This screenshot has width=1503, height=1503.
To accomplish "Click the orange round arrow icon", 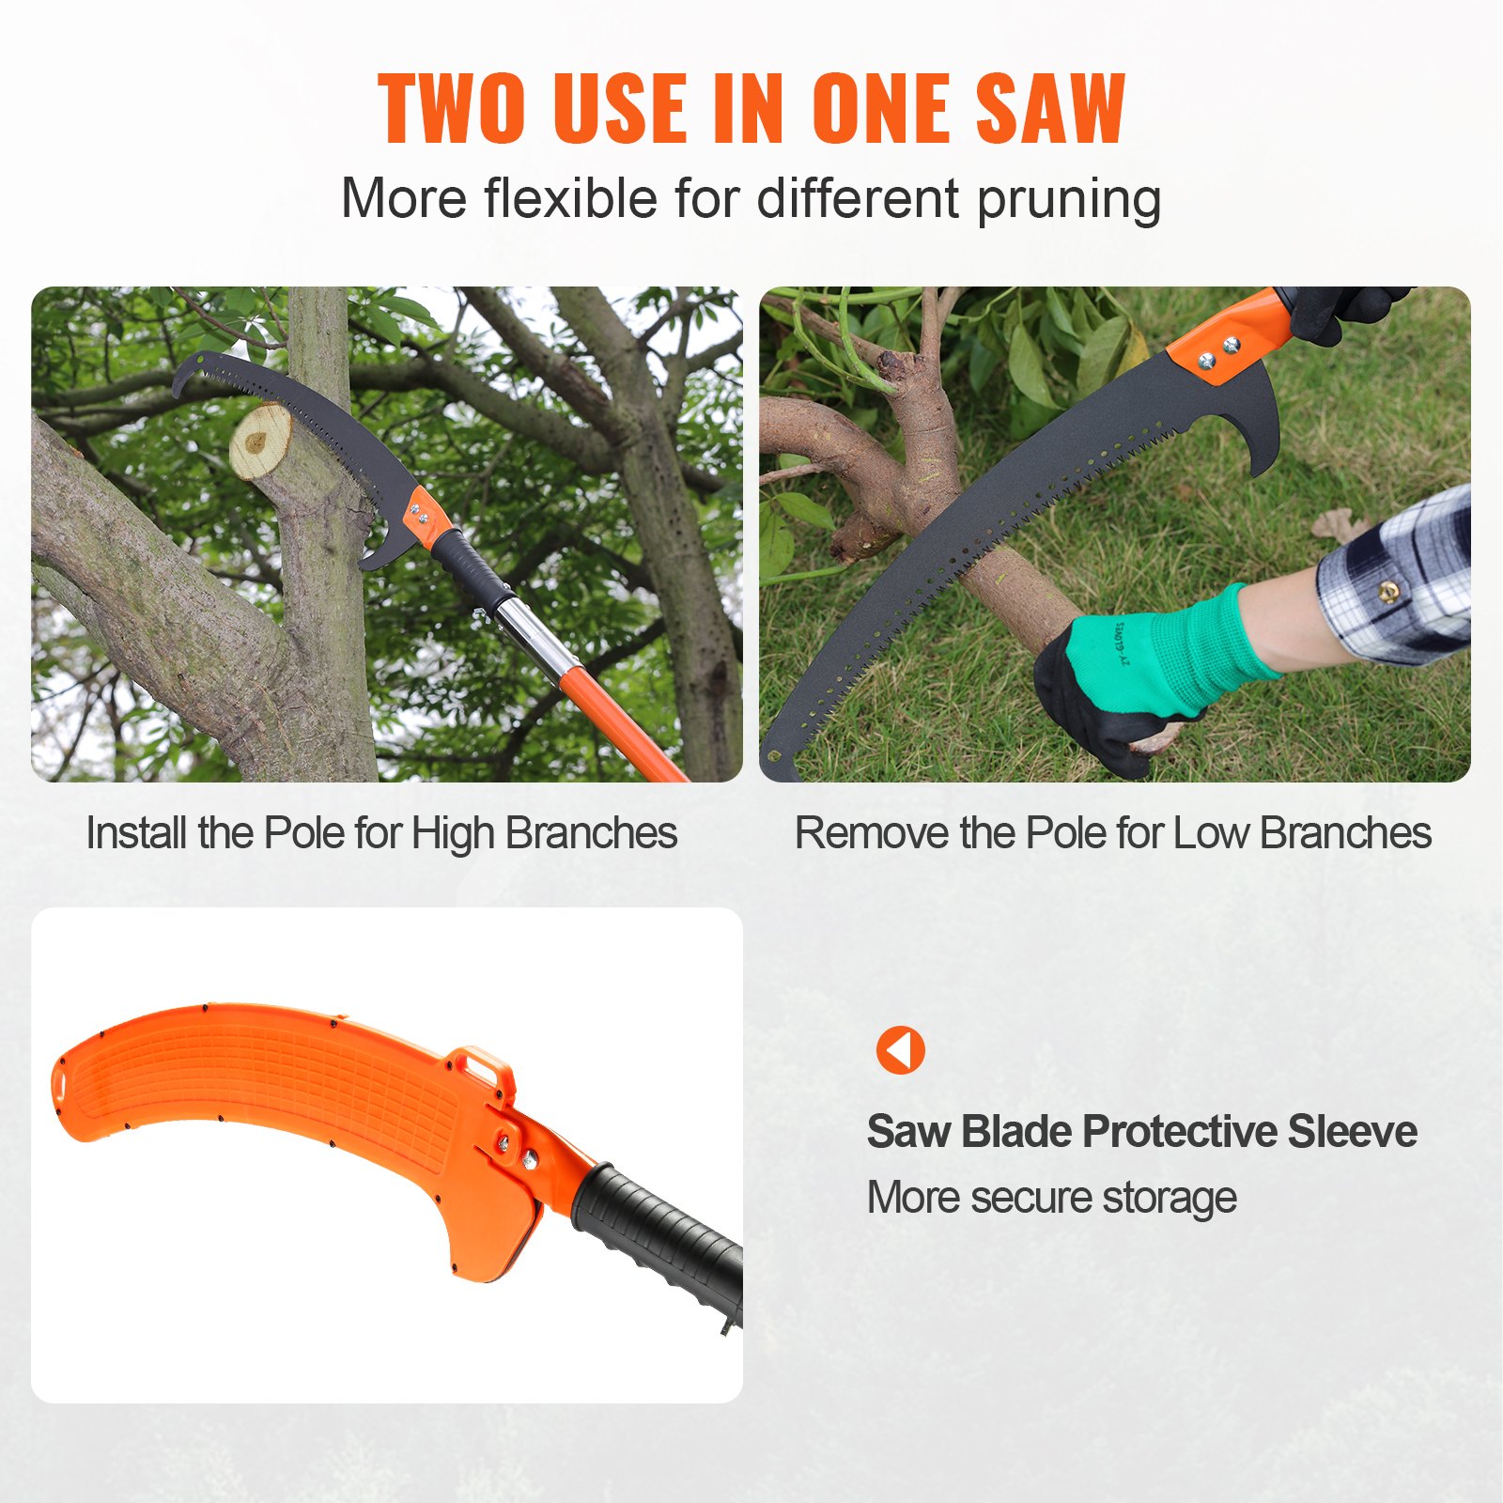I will (900, 1049).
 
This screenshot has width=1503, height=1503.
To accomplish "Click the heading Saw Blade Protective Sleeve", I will (1141, 1131).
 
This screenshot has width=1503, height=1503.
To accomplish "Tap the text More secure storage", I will (1051, 1198).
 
